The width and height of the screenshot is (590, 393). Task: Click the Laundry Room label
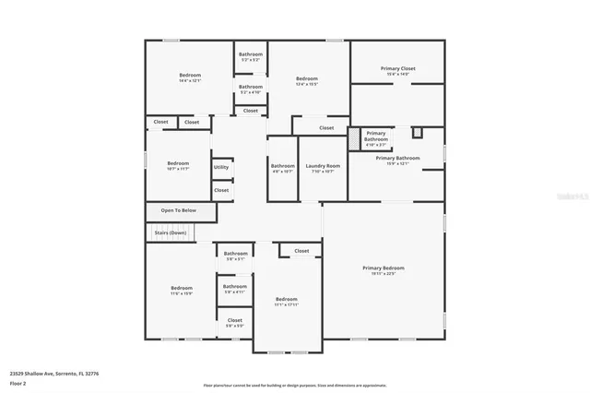point(323,165)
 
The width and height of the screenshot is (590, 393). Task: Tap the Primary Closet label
point(397,68)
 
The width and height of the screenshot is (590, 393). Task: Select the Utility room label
point(221,167)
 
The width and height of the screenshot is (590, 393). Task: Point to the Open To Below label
point(178,210)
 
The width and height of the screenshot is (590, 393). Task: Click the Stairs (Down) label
point(171,232)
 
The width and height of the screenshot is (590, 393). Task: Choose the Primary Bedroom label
point(382,268)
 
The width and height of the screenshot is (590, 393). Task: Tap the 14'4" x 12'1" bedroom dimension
point(191,81)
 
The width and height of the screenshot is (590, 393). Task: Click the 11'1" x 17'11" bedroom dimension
point(287,304)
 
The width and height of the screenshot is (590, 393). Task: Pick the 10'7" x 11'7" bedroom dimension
point(177,169)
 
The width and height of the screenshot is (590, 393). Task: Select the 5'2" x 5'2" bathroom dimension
point(251,61)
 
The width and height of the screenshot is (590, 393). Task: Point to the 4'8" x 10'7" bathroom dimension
point(282,172)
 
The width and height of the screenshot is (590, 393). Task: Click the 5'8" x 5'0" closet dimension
point(235,326)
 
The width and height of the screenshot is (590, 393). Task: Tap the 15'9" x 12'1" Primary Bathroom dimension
point(397,164)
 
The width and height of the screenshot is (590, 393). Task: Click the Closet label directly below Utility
point(221,190)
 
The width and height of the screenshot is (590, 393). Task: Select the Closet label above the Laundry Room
point(326,128)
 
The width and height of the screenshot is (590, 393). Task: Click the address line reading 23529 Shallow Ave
point(54,374)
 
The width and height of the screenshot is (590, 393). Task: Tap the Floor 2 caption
point(18,381)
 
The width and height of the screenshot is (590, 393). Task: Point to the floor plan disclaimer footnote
point(295,386)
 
